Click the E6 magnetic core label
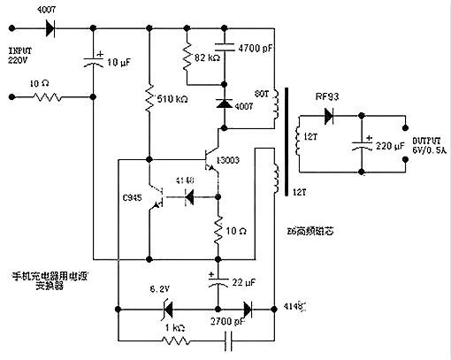tap(305, 233)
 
